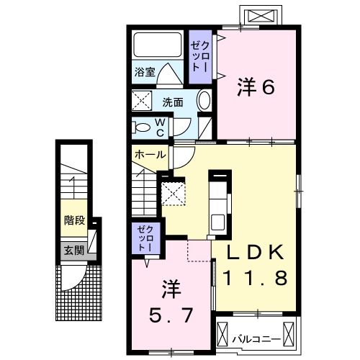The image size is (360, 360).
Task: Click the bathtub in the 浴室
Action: pos(158,45)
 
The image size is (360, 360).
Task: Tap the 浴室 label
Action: pos(145,72)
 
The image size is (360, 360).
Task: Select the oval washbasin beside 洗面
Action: pos(204,100)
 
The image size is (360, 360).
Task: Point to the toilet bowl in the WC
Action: pos(142,127)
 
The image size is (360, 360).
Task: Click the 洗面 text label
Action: pos(173,102)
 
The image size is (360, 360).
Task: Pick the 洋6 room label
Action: pos(256,87)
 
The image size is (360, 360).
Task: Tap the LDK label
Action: pos(256,253)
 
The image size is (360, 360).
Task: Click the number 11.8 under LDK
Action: pos(255,278)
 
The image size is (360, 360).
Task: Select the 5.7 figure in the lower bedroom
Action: pos(171,315)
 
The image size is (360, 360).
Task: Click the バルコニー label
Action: pos(256,339)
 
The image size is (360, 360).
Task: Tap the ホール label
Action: pos(150,155)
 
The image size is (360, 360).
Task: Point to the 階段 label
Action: pos(74,220)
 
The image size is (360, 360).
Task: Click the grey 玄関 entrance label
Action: pos(74,251)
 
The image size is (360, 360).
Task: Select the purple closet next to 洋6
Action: pos(200,57)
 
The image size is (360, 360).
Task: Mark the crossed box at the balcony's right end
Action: pos(289,333)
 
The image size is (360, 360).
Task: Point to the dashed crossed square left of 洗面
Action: pos(142,101)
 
